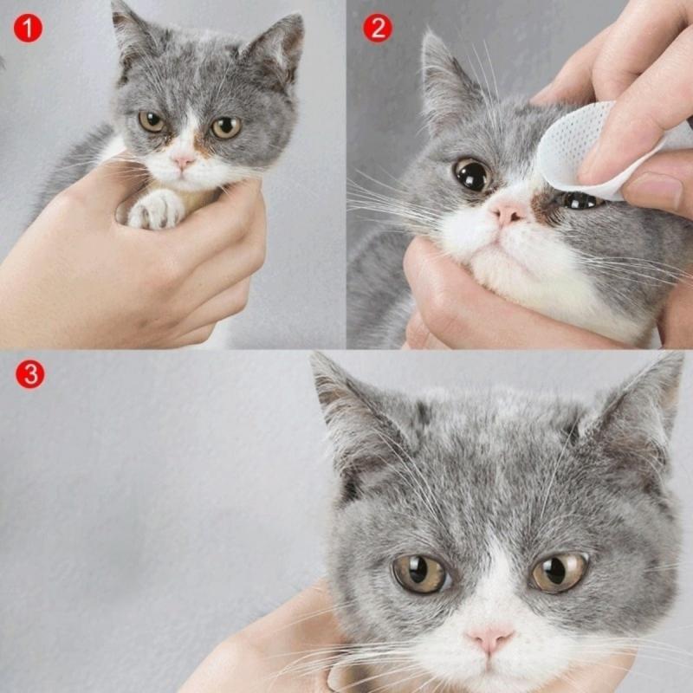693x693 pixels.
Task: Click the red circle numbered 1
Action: click(x=27, y=29)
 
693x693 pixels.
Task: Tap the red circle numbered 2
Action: click(x=377, y=29)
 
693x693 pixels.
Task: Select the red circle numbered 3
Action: click(x=29, y=374)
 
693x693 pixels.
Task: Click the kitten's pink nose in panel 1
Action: click(x=184, y=161)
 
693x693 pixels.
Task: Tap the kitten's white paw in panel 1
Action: click(x=156, y=210)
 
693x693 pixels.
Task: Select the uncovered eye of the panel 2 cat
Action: click(x=473, y=175)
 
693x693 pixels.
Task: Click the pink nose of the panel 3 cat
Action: click(x=489, y=639)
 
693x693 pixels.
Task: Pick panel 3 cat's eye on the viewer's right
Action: click(x=559, y=572)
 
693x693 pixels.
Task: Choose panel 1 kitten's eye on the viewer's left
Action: click(x=152, y=121)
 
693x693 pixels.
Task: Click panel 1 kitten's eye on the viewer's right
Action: click(x=226, y=127)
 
